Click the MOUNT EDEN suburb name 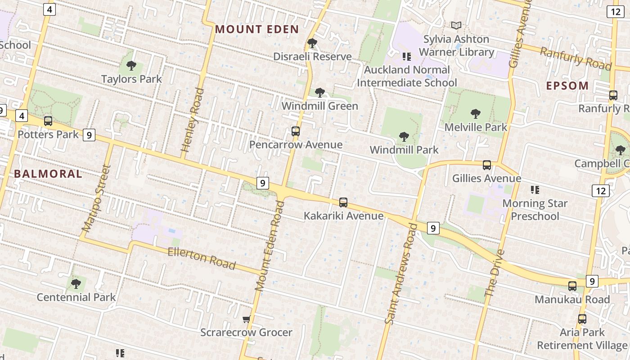click(257, 30)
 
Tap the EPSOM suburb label click(567, 85)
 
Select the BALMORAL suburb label click(48, 174)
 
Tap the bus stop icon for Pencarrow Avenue click(296, 131)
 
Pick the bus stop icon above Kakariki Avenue click(343, 202)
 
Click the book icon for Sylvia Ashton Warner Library click(456, 26)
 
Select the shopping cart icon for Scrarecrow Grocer click(246, 319)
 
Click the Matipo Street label click(96, 198)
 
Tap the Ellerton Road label click(202, 258)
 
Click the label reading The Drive click(495, 273)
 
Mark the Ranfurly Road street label click(576, 58)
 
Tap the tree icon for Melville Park click(476, 114)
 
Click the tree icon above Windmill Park click(404, 136)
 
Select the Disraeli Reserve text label click(313, 57)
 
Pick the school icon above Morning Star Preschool click(535, 189)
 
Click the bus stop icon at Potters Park click(48, 121)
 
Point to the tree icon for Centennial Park click(76, 284)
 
